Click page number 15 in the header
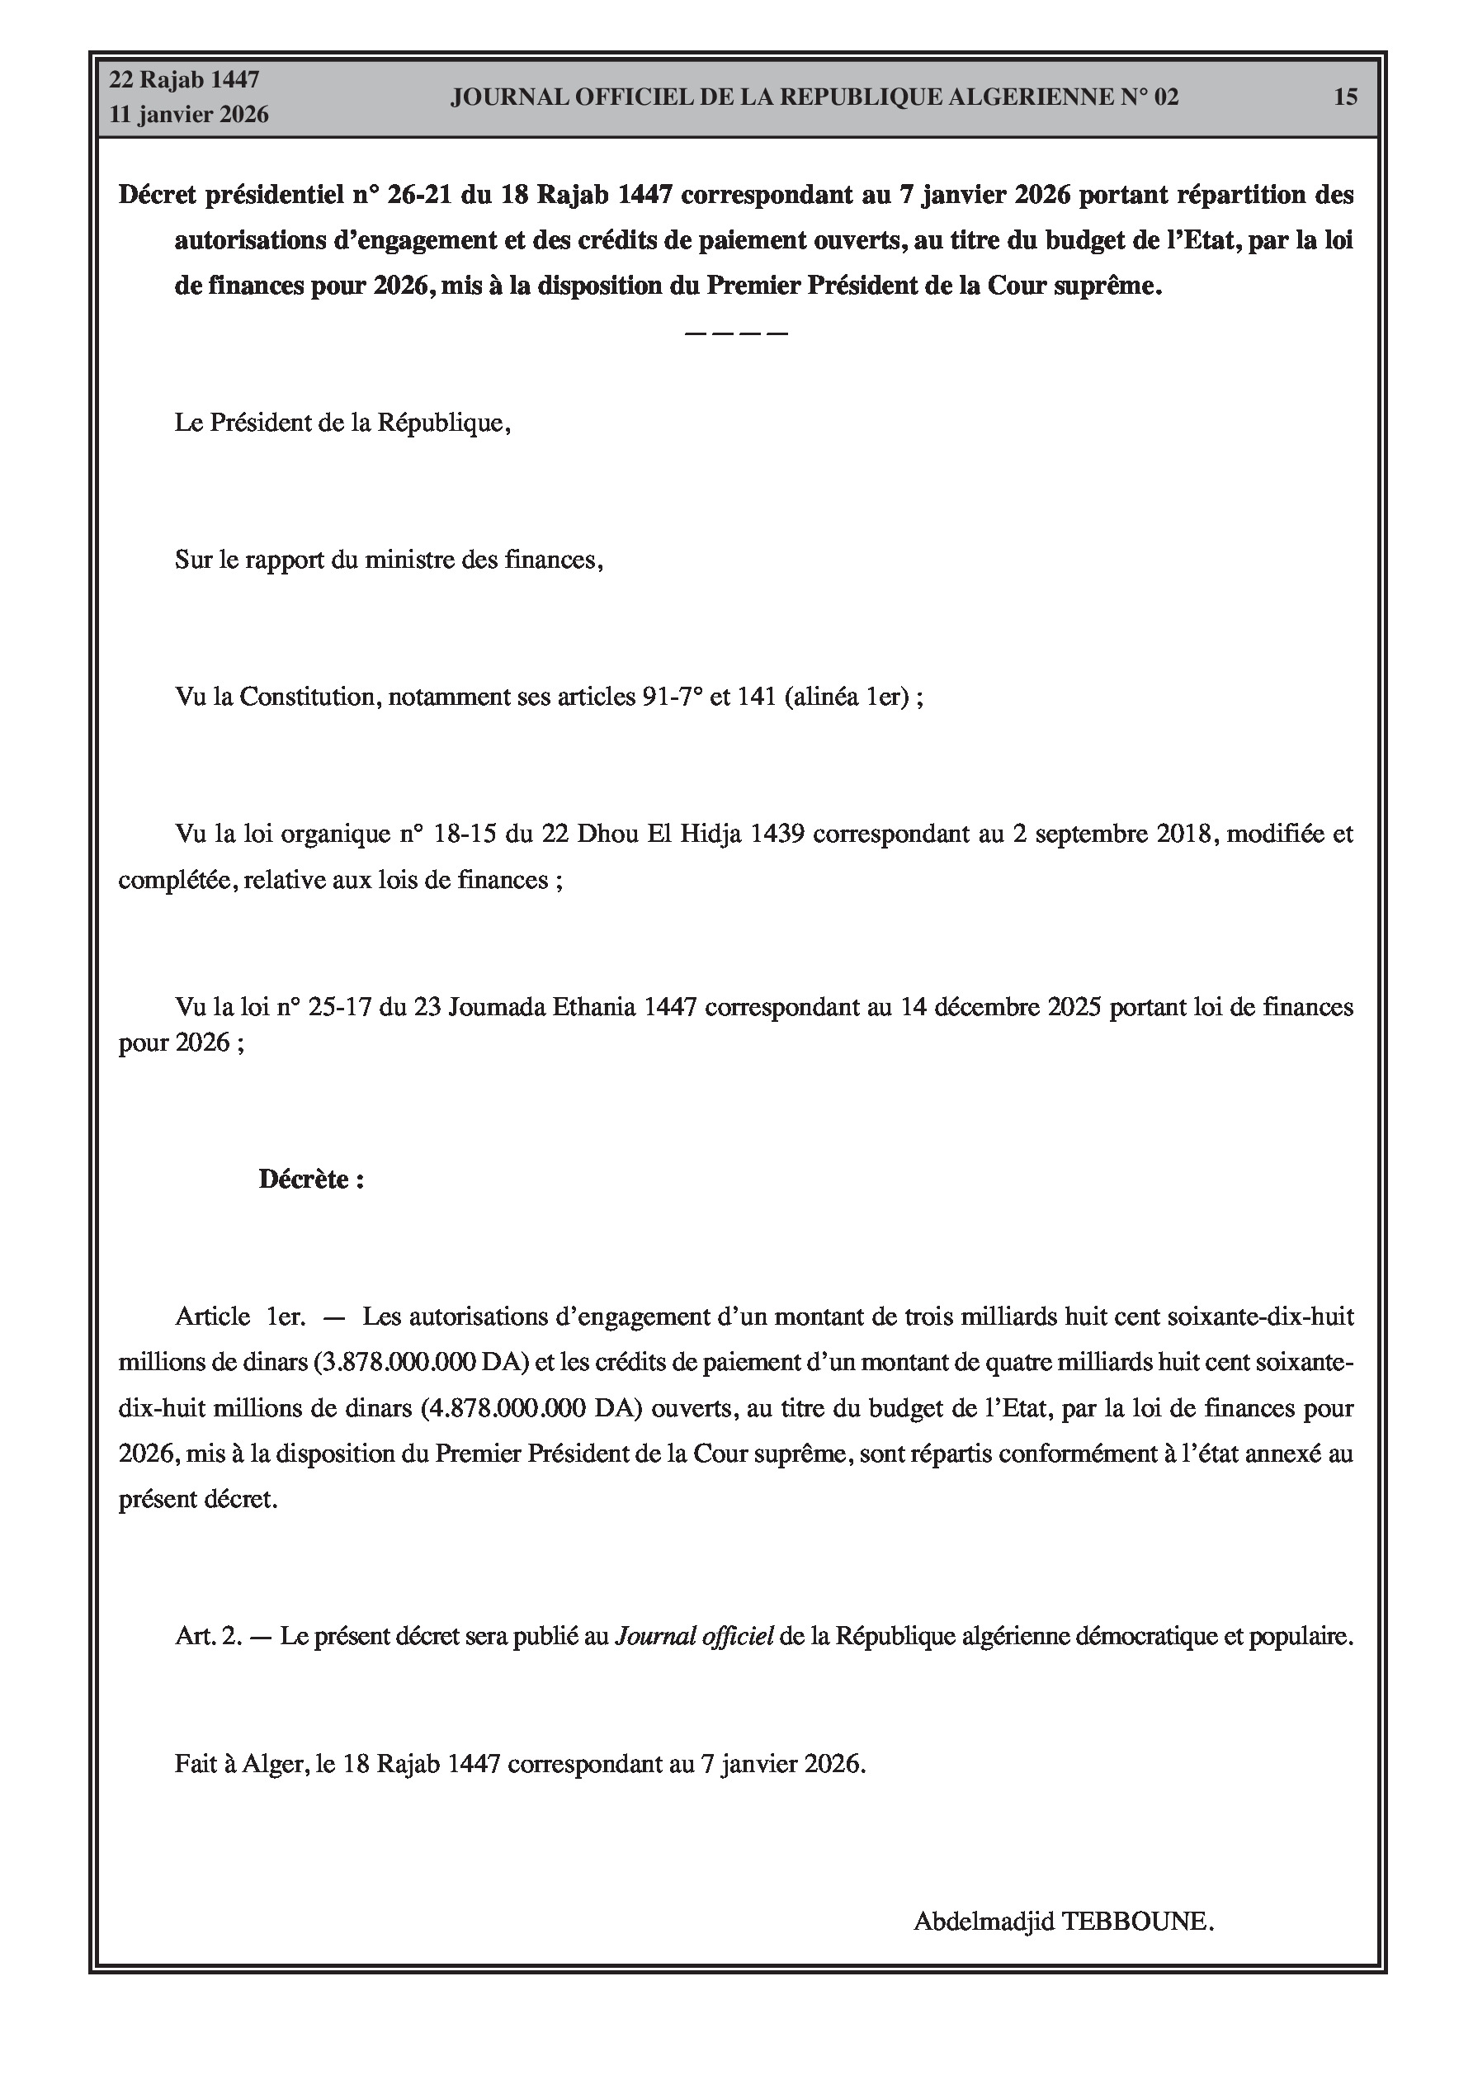click(1345, 97)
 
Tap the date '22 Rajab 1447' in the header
click(184, 80)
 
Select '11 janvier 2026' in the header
click(189, 115)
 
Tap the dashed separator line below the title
click(735, 333)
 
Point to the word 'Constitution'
click(308, 697)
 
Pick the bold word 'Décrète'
click(305, 1179)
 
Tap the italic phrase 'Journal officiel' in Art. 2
click(695, 1635)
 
